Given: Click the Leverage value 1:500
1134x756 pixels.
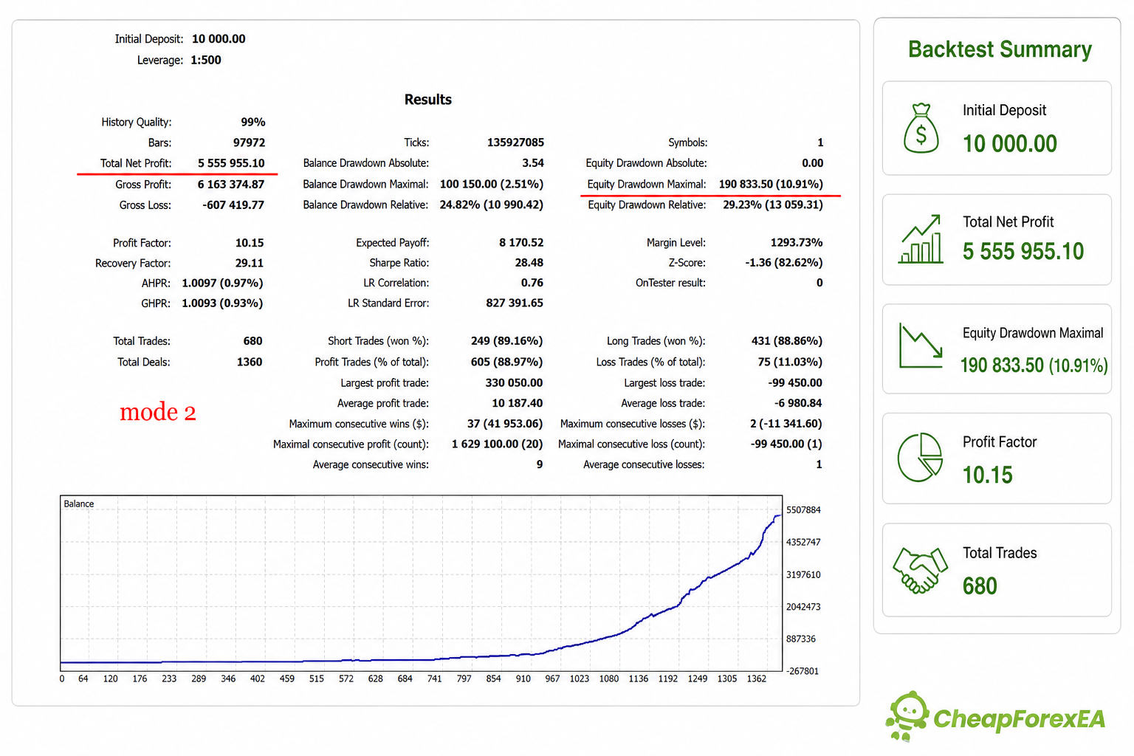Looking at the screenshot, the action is (205, 60).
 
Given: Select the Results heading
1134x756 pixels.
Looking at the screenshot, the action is (427, 99).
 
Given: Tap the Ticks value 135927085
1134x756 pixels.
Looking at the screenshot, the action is (515, 142).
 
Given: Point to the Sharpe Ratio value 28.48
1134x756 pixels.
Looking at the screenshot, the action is (529, 262).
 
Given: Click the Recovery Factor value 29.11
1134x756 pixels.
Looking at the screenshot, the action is (250, 263).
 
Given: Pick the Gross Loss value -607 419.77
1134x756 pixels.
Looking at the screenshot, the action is (233, 205).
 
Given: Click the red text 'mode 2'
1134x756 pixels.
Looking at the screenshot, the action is (157, 412).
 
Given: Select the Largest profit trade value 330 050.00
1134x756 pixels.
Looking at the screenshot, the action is (514, 382).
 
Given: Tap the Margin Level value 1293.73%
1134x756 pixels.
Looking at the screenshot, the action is (797, 243).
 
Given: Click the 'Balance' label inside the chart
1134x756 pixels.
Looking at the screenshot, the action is (78, 504).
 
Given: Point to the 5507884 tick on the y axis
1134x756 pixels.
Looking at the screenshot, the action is (803, 510).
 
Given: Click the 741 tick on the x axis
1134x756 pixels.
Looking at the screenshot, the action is (434, 678).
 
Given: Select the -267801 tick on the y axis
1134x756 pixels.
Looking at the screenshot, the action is (802, 671).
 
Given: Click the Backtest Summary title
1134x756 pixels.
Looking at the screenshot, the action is (1000, 49).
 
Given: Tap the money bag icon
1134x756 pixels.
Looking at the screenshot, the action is (921, 128).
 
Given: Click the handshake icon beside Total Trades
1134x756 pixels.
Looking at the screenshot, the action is (920, 570).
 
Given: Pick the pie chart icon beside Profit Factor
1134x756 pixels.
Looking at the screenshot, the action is (920, 457).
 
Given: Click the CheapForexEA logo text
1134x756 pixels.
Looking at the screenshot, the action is (1019, 718).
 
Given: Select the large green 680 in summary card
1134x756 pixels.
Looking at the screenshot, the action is (980, 586).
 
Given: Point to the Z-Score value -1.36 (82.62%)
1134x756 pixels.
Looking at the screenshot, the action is (783, 262).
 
